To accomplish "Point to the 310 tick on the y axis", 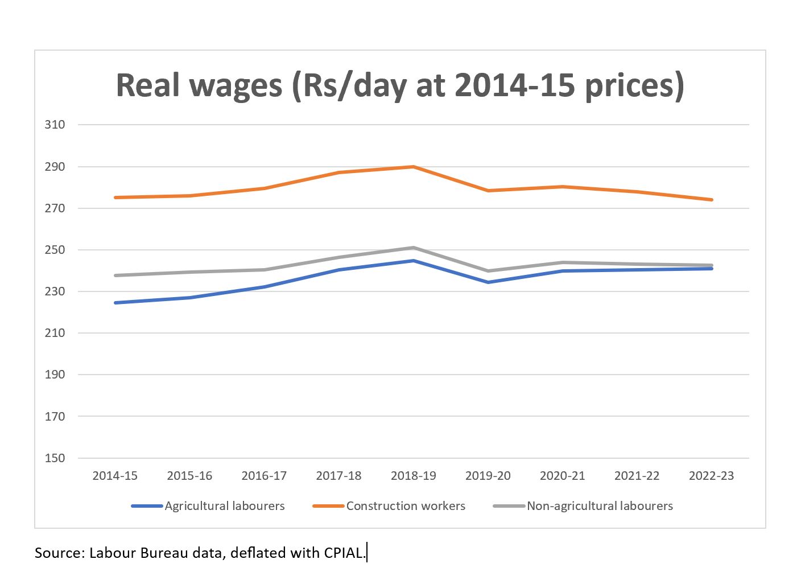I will coord(55,124).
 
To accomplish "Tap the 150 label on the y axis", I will coord(55,458).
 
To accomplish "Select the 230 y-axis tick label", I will coord(55,291).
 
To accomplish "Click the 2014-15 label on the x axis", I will coord(115,476).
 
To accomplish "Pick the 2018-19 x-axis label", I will coord(413,476).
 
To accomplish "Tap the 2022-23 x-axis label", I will coord(711,476).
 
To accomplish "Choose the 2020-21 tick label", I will coord(562,476).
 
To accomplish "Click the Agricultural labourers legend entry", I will coord(224,506).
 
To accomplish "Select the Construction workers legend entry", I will coord(406,506).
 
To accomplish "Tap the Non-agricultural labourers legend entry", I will coord(600,506).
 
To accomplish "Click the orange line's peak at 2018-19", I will coord(414,167).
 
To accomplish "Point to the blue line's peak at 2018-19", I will coord(414,261).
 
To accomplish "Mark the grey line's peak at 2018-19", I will coord(414,248).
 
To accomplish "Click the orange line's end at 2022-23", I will coord(711,200).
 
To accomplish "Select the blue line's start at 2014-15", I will coord(115,303).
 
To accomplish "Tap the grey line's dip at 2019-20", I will coord(488,271).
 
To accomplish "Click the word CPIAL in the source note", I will coord(344,553).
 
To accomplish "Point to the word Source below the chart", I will coord(59,553).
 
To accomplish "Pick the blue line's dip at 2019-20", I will coord(488,282).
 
